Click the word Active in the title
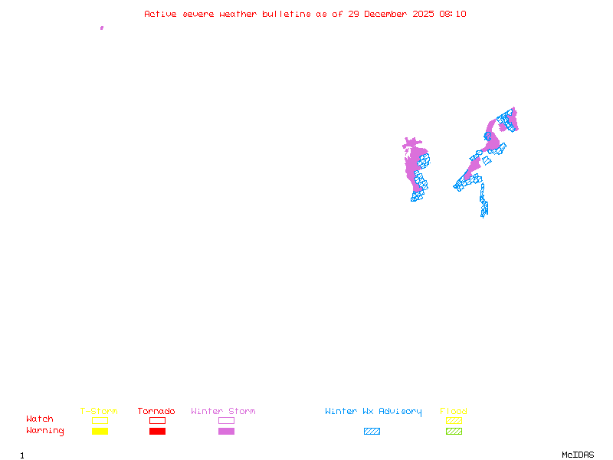pyautogui.click(x=159, y=14)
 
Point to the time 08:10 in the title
pyautogui.click(x=452, y=14)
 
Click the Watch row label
pyautogui.click(x=40, y=419)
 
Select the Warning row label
pyautogui.click(x=45, y=431)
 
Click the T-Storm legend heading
pyautogui.click(x=99, y=412)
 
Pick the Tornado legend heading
pyautogui.click(x=156, y=412)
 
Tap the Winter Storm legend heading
pyautogui.click(x=223, y=412)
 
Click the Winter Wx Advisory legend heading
pyautogui.click(x=373, y=412)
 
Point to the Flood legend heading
pyautogui.click(x=454, y=412)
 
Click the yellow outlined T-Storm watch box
pyautogui.click(x=100, y=420)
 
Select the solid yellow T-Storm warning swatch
pyautogui.click(x=100, y=431)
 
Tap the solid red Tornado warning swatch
pyautogui.click(x=157, y=431)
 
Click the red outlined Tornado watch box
pyautogui.click(x=157, y=420)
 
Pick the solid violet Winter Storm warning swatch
pyautogui.click(x=226, y=431)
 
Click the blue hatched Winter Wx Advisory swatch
pyautogui.click(x=372, y=431)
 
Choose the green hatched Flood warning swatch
pyautogui.click(x=454, y=431)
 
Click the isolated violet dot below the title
pyautogui.click(x=102, y=28)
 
